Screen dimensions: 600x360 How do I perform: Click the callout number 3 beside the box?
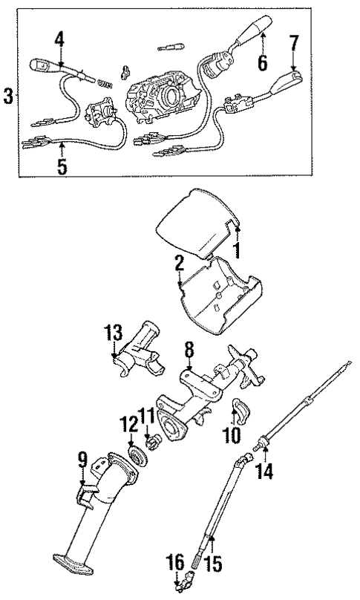(x=8, y=96)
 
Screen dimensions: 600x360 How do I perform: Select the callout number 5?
(x=62, y=166)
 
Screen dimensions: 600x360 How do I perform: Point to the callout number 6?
(x=262, y=64)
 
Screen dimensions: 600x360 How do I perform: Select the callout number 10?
(x=238, y=432)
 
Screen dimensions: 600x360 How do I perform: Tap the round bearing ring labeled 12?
(x=136, y=454)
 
